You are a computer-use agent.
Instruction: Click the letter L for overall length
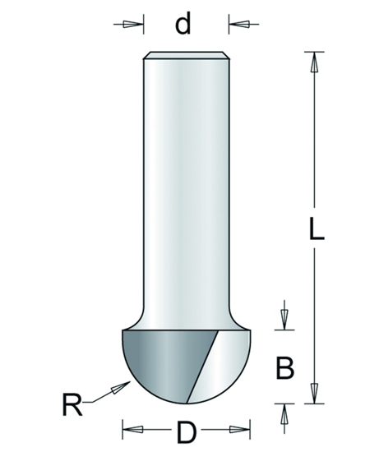pyautogui.click(x=316, y=228)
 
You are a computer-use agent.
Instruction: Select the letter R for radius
pyautogui.click(x=73, y=404)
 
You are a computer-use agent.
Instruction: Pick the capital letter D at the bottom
pyautogui.click(x=185, y=430)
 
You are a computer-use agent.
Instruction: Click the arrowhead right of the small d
pyautogui.click(x=241, y=24)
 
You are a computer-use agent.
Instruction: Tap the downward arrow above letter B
pyautogui.click(x=284, y=318)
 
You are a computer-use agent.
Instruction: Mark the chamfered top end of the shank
pyautogui.click(x=184, y=57)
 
